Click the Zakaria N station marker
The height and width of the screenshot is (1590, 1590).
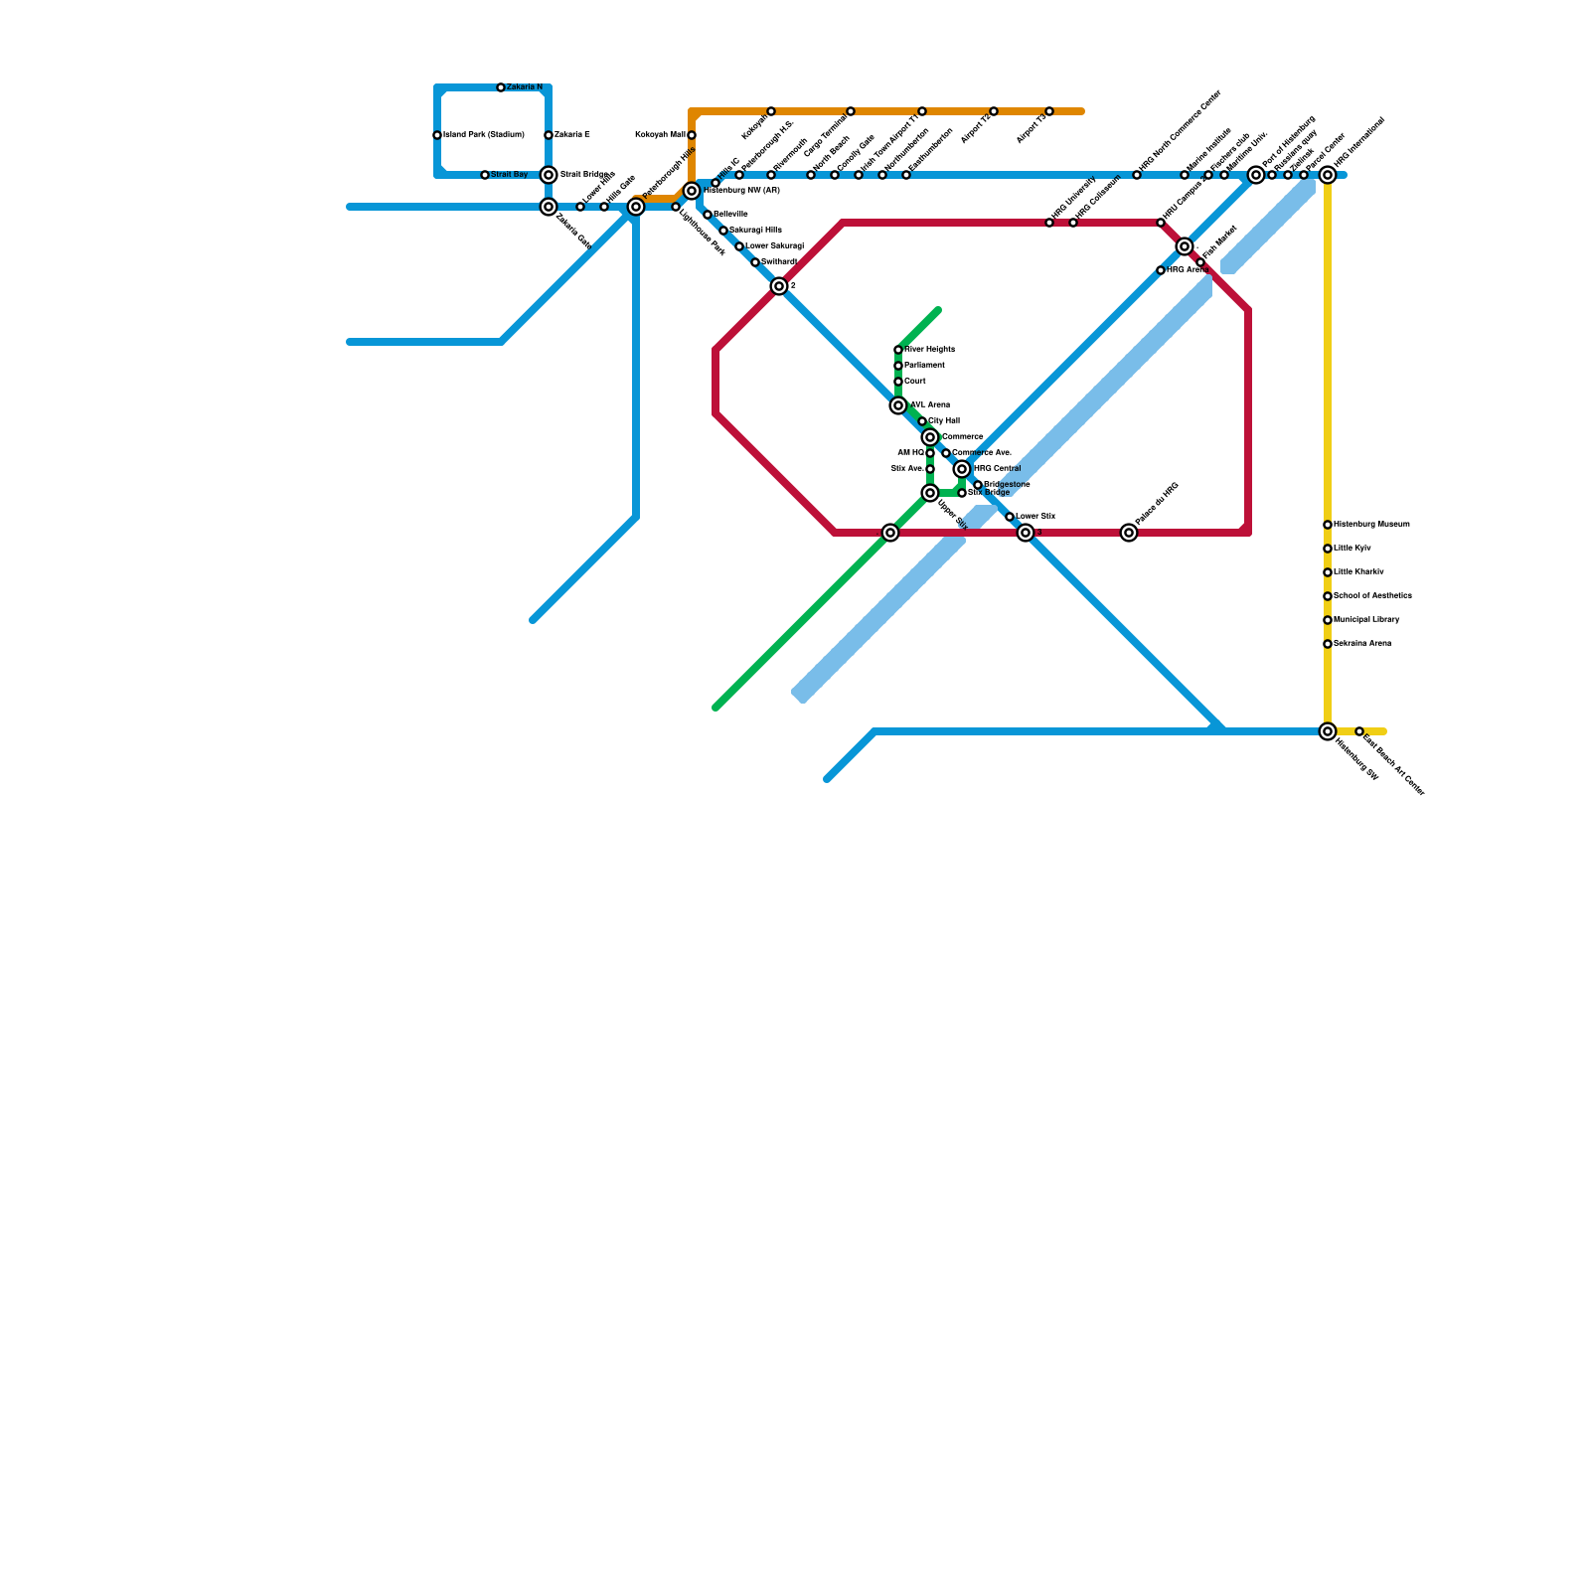click(501, 87)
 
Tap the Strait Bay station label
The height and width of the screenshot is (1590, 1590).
click(510, 175)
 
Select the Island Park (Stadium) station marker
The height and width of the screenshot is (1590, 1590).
click(437, 135)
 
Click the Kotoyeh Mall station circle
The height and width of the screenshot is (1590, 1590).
click(692, 135)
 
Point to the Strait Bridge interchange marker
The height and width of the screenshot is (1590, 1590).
click(549, 175)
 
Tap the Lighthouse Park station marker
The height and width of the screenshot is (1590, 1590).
click(676, 207)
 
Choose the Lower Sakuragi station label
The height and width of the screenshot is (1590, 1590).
click(774, 245)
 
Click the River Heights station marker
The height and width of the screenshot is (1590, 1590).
click(898, 350)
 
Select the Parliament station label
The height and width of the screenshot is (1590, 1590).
click(924, 366)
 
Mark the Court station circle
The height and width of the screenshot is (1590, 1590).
click(898, 382)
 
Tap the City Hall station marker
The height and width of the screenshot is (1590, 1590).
click(922, 421)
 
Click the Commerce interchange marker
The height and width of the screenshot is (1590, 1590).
click(930, 437)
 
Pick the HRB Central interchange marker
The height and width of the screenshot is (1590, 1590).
click(962, 469)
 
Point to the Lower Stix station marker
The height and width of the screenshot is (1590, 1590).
click(1010, 517)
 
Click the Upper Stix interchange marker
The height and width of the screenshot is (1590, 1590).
click(930, 493)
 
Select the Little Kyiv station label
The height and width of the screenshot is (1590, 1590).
click(1352, 549)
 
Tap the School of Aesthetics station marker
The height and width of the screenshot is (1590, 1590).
click(1328, 596)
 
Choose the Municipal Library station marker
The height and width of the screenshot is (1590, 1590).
click(1328, 620)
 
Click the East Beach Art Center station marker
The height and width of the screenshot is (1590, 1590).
click(1359, 731)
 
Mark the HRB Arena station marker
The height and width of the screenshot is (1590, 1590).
click(1161, 270)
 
